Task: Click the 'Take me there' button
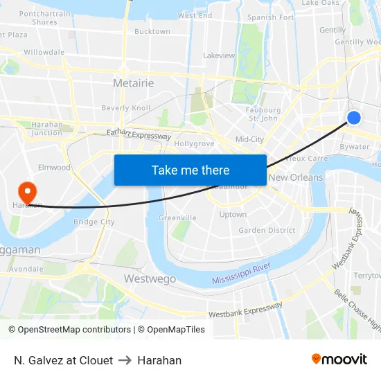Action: tap(190, 170)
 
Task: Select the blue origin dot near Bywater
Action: tap(353, 118)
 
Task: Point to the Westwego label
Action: tap(150, 278)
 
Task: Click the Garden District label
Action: tap(267, 231)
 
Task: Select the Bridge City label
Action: tap(94, 222)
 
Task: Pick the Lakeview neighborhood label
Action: tap(219, 55)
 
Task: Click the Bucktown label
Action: tap(152, 32)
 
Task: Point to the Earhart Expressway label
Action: tap(139, 134)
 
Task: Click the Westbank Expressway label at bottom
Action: tap(246, 310)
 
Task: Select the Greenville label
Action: tap(178, 218)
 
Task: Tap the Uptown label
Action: tap(233, 215)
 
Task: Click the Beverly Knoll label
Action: tap(125, 108)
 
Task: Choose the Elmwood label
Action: tap(54, 168)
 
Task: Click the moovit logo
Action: tap(339, 359)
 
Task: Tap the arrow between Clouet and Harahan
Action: tap(125, 360)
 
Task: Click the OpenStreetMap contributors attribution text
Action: tap(70, 330)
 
